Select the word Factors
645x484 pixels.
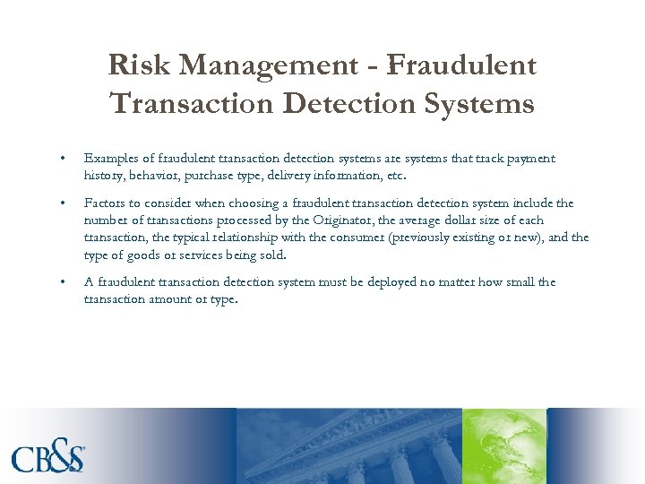tap(105, 203)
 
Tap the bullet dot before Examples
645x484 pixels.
tap(62, 160)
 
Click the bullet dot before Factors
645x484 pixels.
tap(62, 204)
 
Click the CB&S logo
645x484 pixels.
tap(48, 458)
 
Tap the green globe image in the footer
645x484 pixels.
tap(503, 445)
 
